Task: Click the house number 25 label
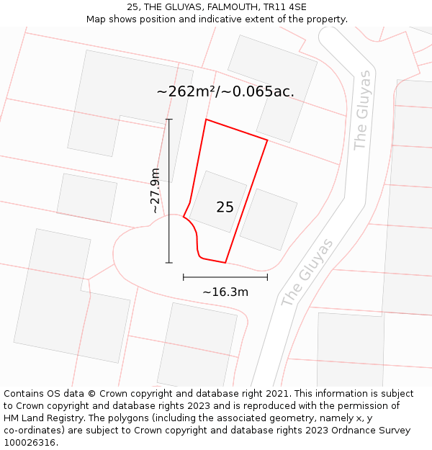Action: pos(225,207)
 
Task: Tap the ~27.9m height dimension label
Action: pos(155,191)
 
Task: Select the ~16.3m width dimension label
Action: pos(225,292)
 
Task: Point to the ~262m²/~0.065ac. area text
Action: pos(225,92)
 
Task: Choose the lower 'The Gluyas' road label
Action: pos(307,273)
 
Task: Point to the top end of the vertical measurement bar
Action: pos(169,120)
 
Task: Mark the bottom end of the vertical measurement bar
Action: pos(169,263)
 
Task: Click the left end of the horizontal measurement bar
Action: pos(184,276)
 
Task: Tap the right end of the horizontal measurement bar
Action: pos(267,276)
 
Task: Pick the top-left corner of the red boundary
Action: pos(206,120)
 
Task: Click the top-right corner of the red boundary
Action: pos(267,140)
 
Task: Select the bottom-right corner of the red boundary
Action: pos(226,263)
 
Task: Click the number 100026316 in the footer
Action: pos(30,443)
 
